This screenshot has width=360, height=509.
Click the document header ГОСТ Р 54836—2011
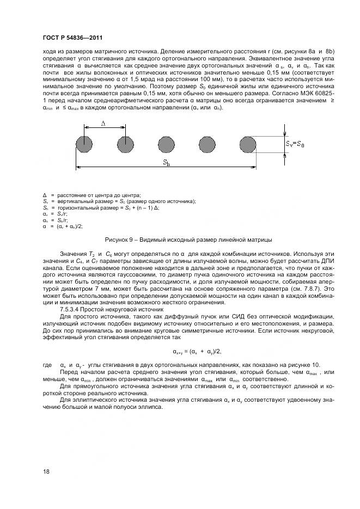[x=72, y=38]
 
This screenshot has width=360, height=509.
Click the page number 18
[x=45, y=471]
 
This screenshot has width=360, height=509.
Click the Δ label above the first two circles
[x=104, y=124]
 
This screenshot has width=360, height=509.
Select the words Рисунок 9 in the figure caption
[x=119, y=240]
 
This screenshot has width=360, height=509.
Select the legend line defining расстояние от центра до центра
[x=95, y=195]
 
